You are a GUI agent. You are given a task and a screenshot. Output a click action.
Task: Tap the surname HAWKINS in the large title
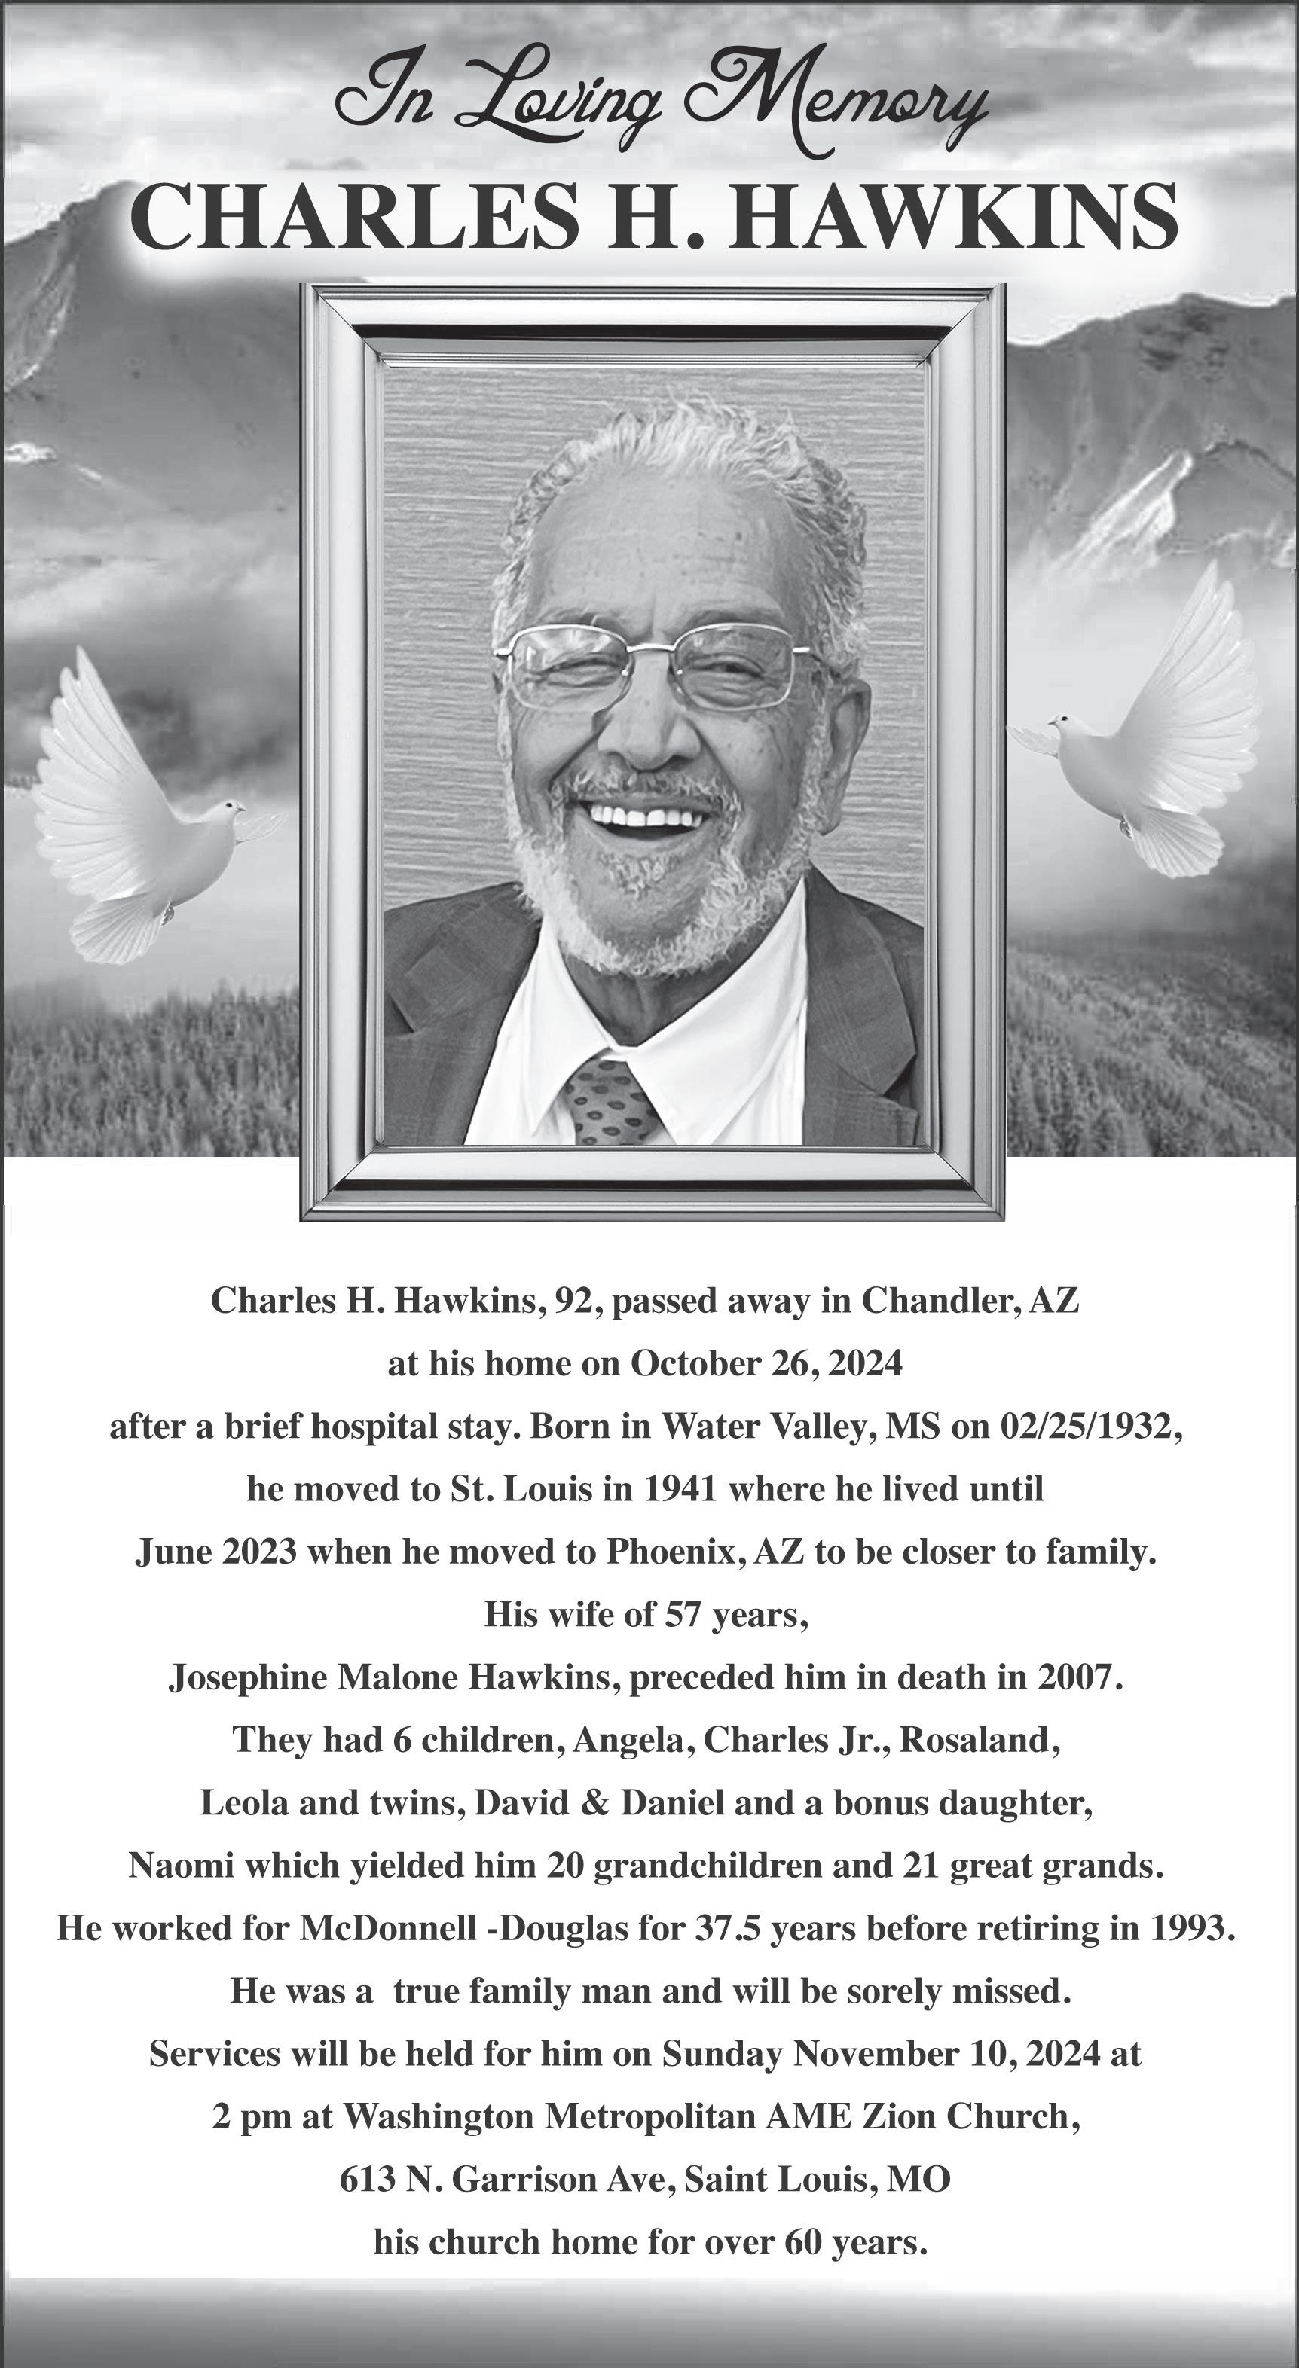(952, 218)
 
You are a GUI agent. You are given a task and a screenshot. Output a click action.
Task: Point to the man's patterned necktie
(610, 1101)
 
